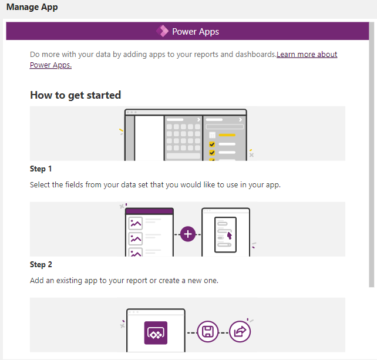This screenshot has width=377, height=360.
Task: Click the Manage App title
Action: pos(32,8)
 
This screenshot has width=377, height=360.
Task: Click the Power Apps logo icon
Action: pos(162,31)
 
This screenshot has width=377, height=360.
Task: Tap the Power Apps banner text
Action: pos(196,32)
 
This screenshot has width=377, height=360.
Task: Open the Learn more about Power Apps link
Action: pos(307,55)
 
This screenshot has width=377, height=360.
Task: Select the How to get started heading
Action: pos(75,95)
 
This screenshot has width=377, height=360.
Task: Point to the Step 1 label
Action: pos(41,169)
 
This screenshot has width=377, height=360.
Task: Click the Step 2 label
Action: pos(41,265)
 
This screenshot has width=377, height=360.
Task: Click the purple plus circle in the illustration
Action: pos(188,234)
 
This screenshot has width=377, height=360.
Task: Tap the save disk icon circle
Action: pos(207,332)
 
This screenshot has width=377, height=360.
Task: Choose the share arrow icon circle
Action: pos(240,332)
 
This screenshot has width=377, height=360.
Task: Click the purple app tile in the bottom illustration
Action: pos(156,332)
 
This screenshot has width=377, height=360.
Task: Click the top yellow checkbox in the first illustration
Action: pos(212,135)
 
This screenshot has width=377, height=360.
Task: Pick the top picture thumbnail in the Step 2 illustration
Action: pos(136,223)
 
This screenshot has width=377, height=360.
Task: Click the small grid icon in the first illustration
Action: pos(212,135)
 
